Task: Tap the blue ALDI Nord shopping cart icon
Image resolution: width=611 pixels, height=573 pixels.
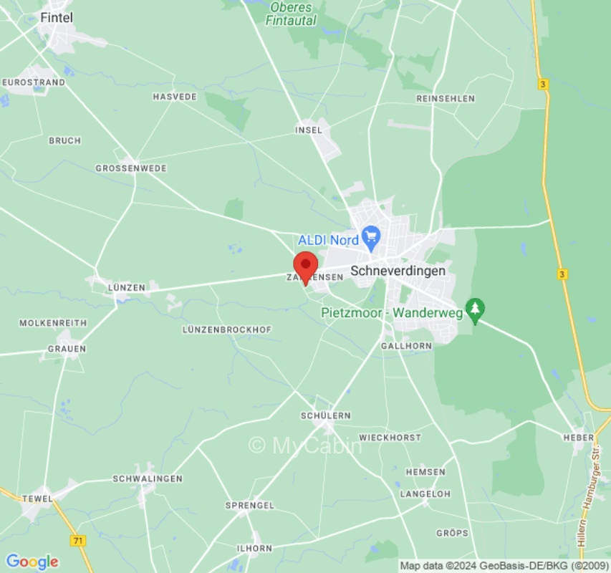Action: [370, 235]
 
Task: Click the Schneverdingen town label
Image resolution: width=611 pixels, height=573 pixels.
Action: [398, 271]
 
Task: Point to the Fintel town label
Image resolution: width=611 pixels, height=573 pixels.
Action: [57, 18]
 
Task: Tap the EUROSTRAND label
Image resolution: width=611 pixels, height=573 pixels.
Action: [34, 82]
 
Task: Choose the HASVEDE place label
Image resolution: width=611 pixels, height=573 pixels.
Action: [175, 96]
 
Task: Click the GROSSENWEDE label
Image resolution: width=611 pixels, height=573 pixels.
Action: [131, 168]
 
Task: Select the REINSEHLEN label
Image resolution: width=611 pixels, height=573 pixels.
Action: [446, 97]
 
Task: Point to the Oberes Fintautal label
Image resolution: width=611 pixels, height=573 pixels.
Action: [291, 14]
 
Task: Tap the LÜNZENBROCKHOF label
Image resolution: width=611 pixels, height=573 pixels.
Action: [227, 329]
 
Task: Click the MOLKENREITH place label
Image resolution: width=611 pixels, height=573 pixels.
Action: [53, 323]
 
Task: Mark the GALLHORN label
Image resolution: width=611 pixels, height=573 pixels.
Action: [407, 345]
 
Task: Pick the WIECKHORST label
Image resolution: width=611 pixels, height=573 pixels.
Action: [390, 437]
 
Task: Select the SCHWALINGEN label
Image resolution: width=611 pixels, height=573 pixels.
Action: [148, 478]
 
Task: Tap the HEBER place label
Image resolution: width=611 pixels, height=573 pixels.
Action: [579, 437]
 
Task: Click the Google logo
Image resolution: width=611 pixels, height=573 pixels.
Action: [32, 562]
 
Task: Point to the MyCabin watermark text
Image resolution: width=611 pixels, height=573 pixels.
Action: [306, 446]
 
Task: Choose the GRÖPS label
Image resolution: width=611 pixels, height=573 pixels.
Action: [452, 533]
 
